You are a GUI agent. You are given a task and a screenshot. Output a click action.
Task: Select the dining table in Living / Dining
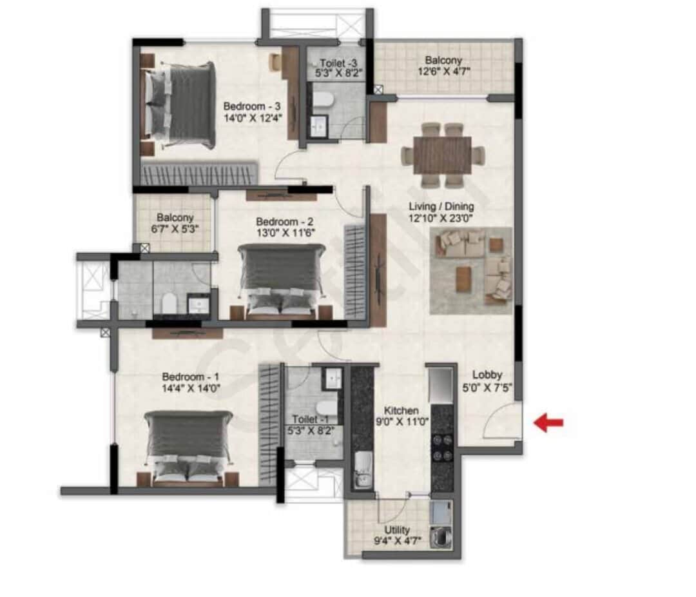(x=443, y=155)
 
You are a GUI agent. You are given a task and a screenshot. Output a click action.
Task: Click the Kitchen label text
(x=401, y=411)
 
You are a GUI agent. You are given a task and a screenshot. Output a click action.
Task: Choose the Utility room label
(x=396, y=530)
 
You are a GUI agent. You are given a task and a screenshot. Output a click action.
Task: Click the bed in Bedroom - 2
(x=281, y=279)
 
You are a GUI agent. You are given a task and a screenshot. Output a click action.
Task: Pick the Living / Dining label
(x=441, y=207)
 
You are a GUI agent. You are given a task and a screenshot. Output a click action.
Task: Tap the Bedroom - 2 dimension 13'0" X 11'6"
(x=284, y=233)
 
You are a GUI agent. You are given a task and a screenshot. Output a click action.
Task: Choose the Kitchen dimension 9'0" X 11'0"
(x=401, y=422)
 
